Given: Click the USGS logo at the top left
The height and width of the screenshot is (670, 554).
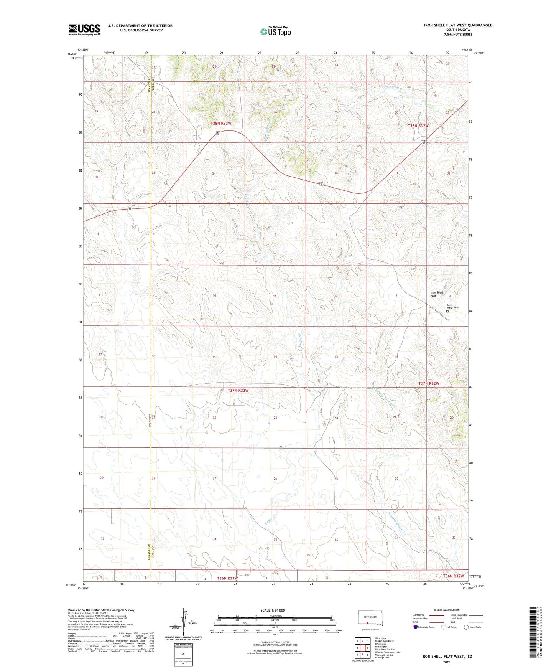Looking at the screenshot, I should [84, 30].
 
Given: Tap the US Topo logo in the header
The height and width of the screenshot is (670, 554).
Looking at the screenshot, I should [275, 31].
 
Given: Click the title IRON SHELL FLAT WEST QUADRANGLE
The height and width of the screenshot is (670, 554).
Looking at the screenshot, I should [458, 25].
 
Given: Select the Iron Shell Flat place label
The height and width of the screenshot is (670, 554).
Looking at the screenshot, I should [437, 294].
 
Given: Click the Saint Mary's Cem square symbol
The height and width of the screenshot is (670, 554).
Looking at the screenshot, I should [447, 312].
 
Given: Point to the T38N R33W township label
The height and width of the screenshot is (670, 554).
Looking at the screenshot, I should [221, 123].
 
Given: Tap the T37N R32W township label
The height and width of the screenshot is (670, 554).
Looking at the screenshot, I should [428, 383].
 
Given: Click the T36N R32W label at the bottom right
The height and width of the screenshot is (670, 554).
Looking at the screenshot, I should [453, 576].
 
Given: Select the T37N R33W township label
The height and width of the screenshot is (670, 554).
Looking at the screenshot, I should [238, 390].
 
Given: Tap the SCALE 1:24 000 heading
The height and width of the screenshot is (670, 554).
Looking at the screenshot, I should [273, 610].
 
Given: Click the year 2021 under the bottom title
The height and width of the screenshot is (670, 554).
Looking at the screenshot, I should [446, 662].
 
